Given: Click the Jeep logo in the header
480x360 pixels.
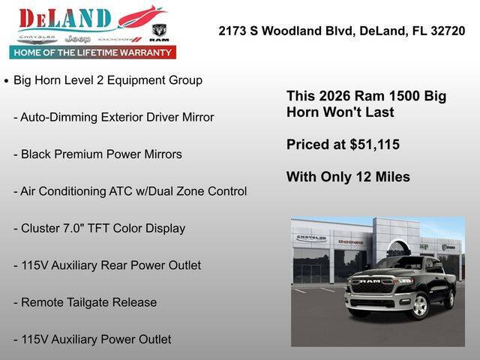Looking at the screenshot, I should [77, 38].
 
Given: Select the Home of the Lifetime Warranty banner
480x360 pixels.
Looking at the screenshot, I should [93, 52].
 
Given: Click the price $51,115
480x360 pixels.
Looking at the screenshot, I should [374, 144].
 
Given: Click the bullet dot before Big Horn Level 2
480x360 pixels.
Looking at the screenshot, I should [7, 80].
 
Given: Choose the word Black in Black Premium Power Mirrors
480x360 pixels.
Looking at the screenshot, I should [37, 154].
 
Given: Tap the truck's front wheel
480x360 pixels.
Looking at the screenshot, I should [418, 305].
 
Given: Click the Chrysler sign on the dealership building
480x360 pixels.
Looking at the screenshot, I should [311, 238].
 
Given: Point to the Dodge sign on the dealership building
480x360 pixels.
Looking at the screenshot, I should [350, 242].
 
